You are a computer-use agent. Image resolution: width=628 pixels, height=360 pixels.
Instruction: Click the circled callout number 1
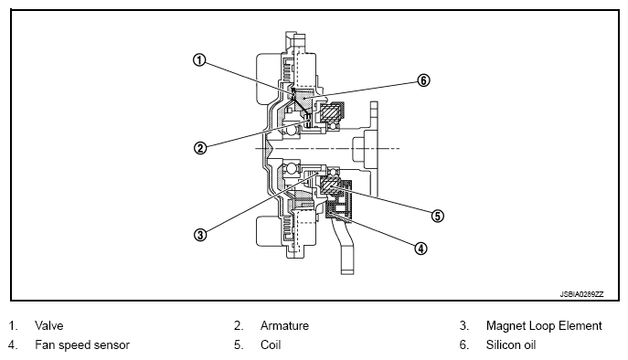click(199, 60)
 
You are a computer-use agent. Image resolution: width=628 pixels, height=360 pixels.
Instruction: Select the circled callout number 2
click(200, 148)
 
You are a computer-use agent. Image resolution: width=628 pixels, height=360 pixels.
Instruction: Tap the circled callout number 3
click(200, 234)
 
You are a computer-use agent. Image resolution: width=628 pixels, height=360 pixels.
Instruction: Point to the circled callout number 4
click(420, 249)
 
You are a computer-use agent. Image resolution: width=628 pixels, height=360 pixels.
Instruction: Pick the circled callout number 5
click(437, 216)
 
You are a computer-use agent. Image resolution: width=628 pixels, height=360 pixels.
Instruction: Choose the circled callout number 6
click(423, 80)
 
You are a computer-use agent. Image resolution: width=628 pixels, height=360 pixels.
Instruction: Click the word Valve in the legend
click(48, 325)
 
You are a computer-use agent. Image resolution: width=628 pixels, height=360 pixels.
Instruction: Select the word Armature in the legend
click(284, 325)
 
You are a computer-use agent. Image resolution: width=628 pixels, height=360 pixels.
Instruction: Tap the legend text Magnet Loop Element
click(544, 325)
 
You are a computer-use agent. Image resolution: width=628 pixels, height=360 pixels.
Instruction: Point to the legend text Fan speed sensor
click(82, 344)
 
